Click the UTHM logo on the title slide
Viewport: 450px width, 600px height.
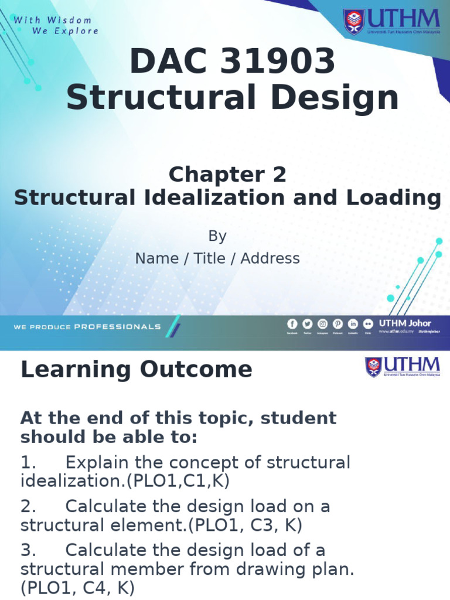point(391,22)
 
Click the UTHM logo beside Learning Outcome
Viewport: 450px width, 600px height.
point(403,367)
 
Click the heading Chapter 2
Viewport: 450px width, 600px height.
point(227,174)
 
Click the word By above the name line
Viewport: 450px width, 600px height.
point(217,236)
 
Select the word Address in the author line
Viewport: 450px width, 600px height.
point(270,258)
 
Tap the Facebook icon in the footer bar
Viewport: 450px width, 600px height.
point(292,324)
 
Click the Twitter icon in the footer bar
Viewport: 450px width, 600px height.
point(308,324)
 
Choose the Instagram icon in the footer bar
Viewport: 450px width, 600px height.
point(323,324)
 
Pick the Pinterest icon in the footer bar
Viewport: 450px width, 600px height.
point(338,324)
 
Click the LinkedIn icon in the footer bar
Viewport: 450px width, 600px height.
point(353,324)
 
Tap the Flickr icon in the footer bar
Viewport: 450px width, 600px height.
point(368,324)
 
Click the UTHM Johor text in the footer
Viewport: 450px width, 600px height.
point(405,323)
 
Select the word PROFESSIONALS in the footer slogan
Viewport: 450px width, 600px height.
point(117,326)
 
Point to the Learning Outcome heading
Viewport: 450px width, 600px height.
point(137,370)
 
